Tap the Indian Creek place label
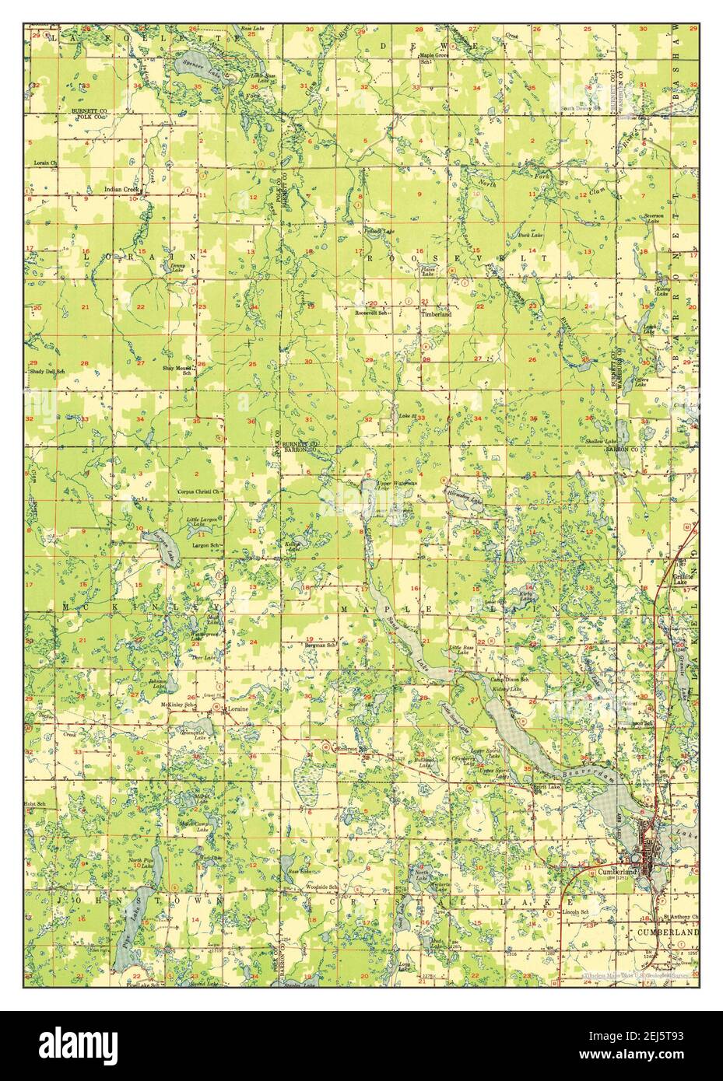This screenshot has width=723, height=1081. (122, 189)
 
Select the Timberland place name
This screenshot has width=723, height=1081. (436, 314)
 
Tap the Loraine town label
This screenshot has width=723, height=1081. (236, 710)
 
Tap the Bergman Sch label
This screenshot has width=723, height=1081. (320, 645)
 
